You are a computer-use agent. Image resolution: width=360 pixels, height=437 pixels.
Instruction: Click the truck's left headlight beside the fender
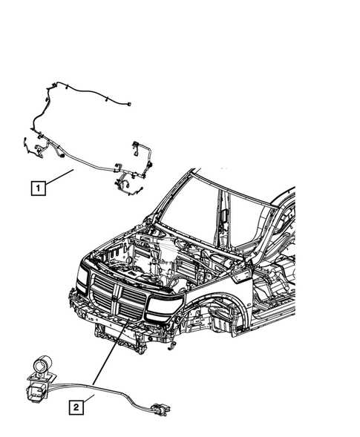(x=163, y=305)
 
